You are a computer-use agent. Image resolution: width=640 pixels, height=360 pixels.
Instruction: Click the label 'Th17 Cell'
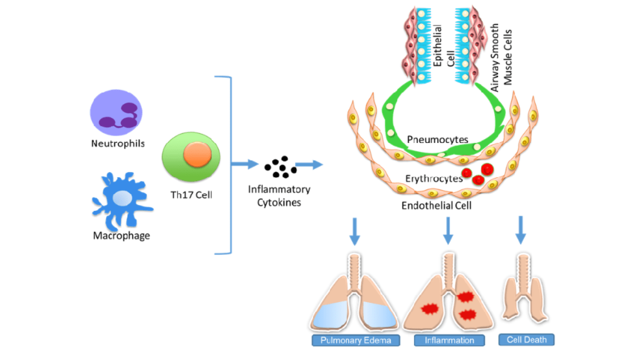coord(190,195)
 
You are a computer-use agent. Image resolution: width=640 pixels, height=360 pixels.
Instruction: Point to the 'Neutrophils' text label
coord(118,143)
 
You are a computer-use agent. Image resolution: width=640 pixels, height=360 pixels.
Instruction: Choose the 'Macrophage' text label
coord(121,235)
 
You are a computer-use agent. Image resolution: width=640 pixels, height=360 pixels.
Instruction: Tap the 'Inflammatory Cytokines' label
coord(279,196)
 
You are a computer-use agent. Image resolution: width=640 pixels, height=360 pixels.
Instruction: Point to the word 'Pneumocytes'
coord(437,139)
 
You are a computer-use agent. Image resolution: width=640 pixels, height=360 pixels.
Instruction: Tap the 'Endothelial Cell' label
coord(436,205)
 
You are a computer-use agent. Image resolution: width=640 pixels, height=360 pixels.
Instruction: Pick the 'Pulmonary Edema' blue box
coord(356,340)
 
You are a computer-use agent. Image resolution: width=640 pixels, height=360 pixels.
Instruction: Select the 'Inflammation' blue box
coord(449,340)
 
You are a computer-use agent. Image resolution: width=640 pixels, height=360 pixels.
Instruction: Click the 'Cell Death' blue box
coord(526,340)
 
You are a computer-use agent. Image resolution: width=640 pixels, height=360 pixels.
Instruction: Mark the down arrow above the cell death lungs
coord(520,229)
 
